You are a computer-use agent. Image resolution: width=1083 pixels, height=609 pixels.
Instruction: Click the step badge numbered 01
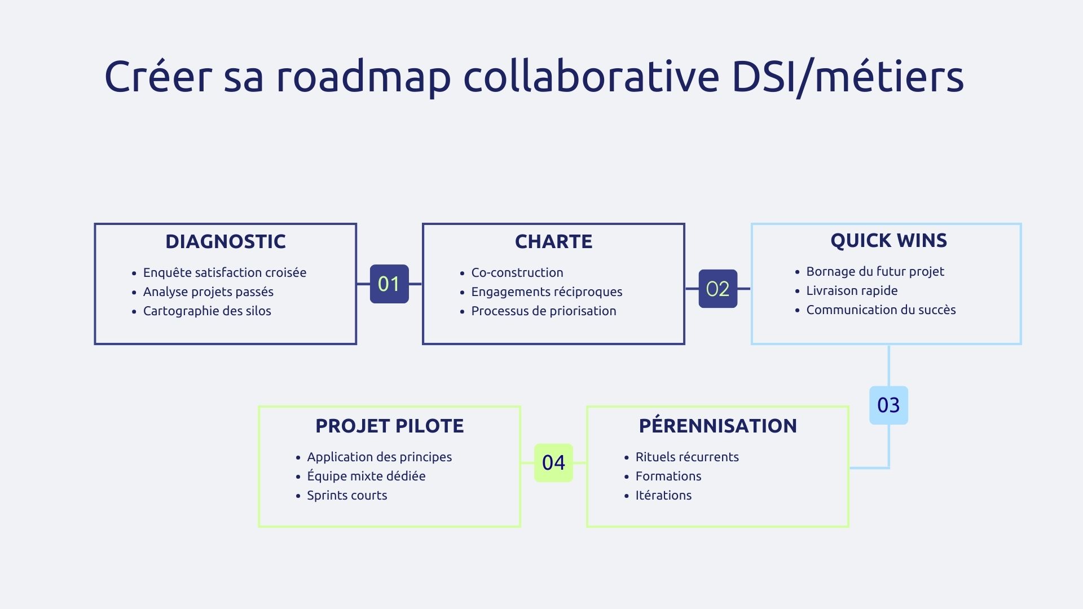[389, 284]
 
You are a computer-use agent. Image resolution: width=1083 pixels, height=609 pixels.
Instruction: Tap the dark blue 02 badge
[717, 289]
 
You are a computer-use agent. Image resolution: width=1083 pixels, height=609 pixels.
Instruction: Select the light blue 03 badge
[888, 405]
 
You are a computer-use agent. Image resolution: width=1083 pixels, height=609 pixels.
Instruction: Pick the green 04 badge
[553, 462]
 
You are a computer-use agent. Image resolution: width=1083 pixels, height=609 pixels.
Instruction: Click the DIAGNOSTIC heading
[226, 241]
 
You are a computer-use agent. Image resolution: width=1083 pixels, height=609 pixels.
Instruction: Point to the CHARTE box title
[553, 241]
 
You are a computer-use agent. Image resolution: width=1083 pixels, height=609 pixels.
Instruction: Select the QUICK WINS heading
[888, 240]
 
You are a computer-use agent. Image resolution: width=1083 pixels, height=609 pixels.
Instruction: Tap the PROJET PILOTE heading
[389, 426]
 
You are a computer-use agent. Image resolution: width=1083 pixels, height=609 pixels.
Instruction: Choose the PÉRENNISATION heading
[717, 426]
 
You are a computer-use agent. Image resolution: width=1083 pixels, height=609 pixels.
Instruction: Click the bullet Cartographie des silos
[207, 311]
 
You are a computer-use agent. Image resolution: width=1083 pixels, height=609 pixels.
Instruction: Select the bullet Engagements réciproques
[547, 292]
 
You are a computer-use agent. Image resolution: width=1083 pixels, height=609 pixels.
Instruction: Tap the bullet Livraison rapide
[852, 290]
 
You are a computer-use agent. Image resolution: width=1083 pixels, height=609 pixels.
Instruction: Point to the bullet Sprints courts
[347, 495]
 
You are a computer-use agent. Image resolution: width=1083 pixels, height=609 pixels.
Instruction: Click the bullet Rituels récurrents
[687, 457]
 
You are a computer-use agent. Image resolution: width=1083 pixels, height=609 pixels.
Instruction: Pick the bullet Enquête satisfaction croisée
[224, 272]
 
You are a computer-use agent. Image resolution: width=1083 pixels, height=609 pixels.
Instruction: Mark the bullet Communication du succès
[881, 310]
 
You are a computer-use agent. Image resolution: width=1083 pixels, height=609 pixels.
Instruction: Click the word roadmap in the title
[363, 77]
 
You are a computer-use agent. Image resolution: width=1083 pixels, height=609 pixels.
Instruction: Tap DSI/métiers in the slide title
[847, 77]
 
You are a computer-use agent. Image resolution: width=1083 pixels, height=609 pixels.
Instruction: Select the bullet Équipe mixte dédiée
[366, 476]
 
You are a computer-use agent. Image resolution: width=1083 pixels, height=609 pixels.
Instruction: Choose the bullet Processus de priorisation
[543, 311]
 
